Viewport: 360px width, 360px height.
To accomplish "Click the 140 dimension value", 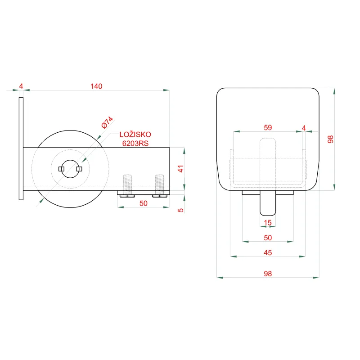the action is (x=96, y=86).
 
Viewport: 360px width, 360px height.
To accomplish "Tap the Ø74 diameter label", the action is (x=107, y=122).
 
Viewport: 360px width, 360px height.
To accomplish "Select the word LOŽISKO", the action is (x=135, y=135).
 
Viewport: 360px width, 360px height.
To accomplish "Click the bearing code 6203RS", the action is (x=135, y=143).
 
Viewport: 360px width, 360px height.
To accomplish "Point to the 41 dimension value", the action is (x=181, y=169).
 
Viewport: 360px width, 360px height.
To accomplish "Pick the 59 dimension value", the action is (x=268, y=128).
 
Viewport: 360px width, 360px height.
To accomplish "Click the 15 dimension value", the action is (x=268, y=222).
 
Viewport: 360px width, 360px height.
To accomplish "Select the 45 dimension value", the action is (x=268, y=252).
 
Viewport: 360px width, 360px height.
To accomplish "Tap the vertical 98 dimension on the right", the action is (x=330, y=139).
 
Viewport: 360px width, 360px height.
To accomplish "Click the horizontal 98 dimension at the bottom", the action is (x=268, y=274).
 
